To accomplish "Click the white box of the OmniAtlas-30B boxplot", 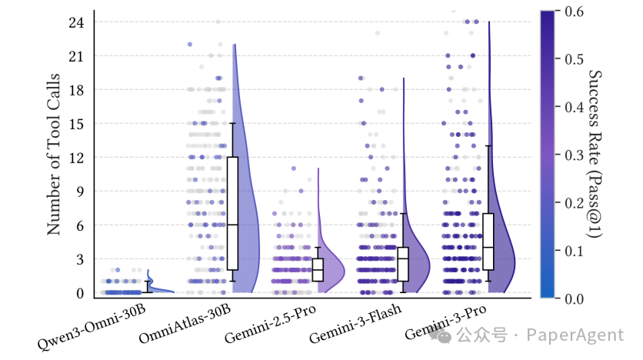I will click(x=232, y=213).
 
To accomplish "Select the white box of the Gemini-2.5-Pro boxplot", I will click(x=318, y=270).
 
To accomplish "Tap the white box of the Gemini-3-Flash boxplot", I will click(x=403, y=264).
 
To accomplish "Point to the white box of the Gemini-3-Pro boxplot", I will click(x=488, y=241).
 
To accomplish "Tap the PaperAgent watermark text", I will click(x=575, y=335).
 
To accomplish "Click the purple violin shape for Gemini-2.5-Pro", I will click(x=333, y=269).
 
